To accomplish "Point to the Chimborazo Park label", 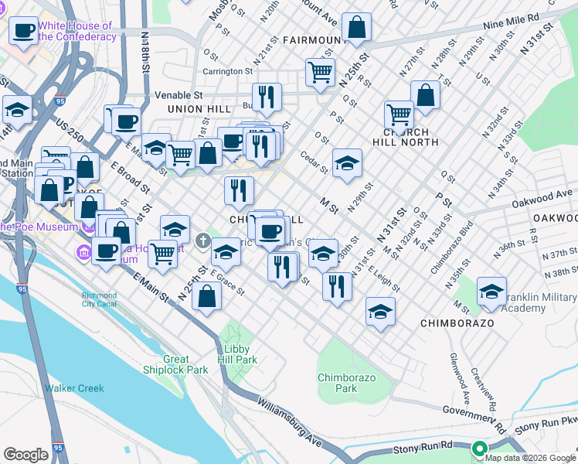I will click(x=337, y=383).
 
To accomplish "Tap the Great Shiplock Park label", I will click(x=175, y=364).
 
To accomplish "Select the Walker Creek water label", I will click(x=74, y=388).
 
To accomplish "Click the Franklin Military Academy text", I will click(x=538, y=302).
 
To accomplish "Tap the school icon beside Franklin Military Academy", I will click(x=491, y=292).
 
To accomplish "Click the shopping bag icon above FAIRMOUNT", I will click(x=358, y=28).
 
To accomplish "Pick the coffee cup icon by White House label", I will click(x=23, y=31).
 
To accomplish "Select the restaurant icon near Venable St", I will click(x=266, y=97).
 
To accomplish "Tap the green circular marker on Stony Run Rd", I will click(x=479, y=448).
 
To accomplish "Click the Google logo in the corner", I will click(x=25, y=455).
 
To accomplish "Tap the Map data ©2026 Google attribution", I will click(x=530, y=457).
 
